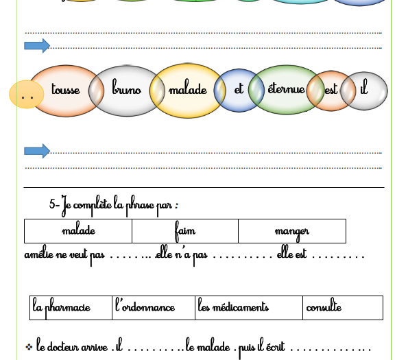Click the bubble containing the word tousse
(67, 91)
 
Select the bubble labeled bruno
(126, 91)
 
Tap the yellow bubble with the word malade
(187, 91)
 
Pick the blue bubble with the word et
(239, 90)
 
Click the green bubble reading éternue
(286, 89)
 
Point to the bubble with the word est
(331, 91)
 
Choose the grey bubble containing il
(364, 91)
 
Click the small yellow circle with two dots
(26, 94)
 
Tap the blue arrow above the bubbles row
(37, 46)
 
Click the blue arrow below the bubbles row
(37, 151)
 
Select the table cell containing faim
(185, 231)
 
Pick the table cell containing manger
(292, 231)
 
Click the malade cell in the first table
(78, 231)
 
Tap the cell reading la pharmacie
(71, 308)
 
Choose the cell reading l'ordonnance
(154, 308)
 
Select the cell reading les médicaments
(249, 308)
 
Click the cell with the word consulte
(343, 308)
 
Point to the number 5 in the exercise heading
(52, 204)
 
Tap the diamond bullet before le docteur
(29, 347)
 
